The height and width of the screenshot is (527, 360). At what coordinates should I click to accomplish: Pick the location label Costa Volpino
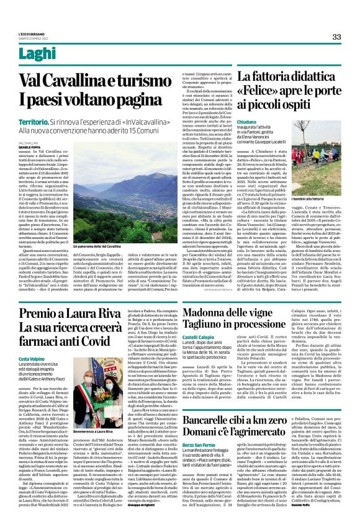point(31,359)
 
